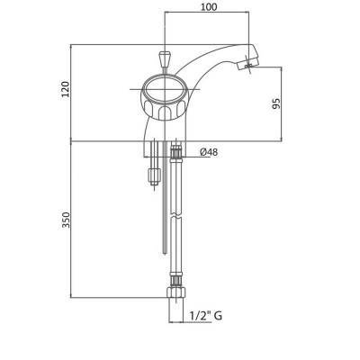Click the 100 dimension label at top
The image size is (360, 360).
tap(209, 7)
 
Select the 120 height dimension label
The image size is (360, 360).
tap(65, 89)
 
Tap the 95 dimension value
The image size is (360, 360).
tap(277, 103)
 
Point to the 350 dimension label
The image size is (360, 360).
tap(66, 220)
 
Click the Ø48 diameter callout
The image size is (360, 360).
tap(209, 152)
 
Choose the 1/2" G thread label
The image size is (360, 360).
tap(206, 316)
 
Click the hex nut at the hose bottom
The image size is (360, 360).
tap(175, 292)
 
